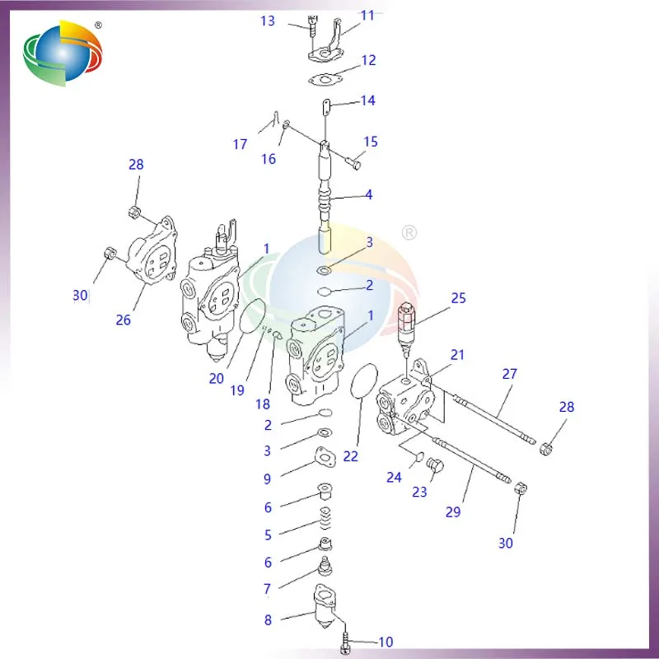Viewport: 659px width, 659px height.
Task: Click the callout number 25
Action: tap(459, 297)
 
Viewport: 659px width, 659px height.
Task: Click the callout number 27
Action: tap(510, 373)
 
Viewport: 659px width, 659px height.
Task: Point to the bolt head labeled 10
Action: tap(346, 642)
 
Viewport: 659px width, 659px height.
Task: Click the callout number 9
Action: tap(267, 479)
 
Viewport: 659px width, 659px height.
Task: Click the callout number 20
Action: tap(216, 378)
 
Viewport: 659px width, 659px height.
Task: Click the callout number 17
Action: tap(240, 144)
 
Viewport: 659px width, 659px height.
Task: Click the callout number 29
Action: tap(453, 512)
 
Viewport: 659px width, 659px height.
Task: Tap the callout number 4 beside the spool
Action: tap(369, 195)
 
